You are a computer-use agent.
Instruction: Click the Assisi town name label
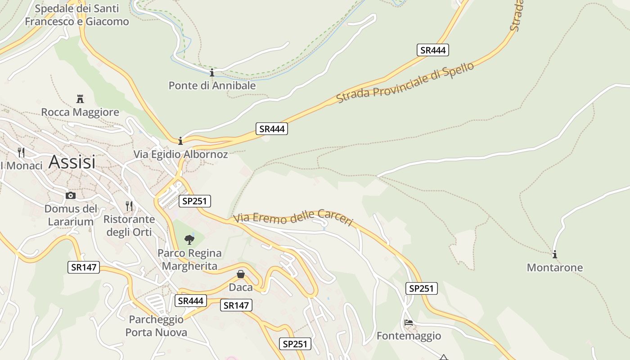tap(72, 162)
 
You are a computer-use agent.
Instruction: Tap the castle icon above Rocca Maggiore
tap(80, 99)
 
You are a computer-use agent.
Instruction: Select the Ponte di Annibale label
tap(212, 85)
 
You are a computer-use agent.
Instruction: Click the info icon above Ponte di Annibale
tap(212, 72)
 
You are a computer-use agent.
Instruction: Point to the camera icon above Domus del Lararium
tap(71, 195)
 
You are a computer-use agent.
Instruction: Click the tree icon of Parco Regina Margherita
tap(189, 239)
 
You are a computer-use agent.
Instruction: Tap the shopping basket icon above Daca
tap(241, 274)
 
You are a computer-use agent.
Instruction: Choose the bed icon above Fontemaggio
tap(409, 323)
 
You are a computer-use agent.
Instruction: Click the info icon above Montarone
tap(555, 254)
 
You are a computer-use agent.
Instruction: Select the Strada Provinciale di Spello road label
tap(405, 83)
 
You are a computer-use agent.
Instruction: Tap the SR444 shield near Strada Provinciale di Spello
tap(432, 50)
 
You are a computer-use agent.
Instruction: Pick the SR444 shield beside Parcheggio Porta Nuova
tap(191, 301)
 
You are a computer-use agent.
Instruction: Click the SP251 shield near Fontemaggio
tap(421, 288)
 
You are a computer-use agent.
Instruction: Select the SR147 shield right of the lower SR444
tap(236, 306)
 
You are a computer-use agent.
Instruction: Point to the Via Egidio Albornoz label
tap(180, 154)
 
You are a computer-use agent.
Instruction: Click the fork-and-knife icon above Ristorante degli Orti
tap(129, 206)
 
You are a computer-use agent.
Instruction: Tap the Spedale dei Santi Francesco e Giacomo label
tap(76, 15)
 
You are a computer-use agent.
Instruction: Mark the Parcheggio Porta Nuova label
tap(156, 326)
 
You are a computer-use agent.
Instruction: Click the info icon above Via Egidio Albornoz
tap(180, 141)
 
